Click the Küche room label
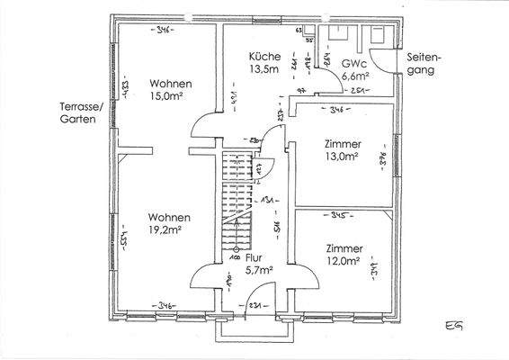[264, 57]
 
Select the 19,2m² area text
[169, 231]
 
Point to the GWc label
[353, 65]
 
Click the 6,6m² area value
[355, 78]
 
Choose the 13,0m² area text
[343, 157]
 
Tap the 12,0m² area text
[344, 261]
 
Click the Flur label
[255, 256]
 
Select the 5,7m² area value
[257, 268]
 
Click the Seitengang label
[425, 61]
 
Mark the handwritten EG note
[454, 325]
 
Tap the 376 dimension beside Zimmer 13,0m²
[382, 160]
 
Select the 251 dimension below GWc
[357, 92]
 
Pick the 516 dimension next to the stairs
[277, 225]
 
